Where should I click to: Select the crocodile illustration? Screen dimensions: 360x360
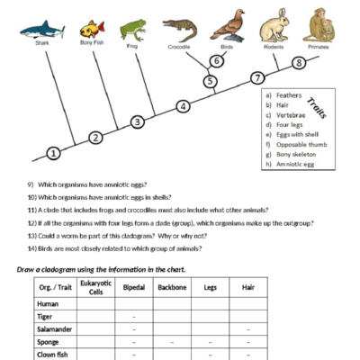(x=179, y=29)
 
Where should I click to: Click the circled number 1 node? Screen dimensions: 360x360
(x=54, y=154)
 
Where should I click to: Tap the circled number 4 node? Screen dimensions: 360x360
(x=183, y=106)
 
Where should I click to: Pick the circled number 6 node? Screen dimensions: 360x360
(x=216, y=61)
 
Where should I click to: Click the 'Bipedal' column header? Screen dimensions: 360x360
(x=134, y=289)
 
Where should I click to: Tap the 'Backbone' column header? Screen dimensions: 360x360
(x=172, y=289)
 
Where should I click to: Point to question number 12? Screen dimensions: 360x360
(x=31, y=222)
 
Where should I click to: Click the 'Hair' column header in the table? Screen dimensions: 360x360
(x=248, y=289)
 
